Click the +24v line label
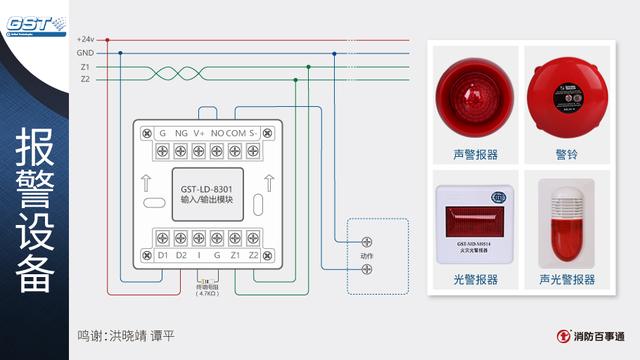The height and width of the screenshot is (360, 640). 85,39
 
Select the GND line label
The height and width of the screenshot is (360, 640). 85,52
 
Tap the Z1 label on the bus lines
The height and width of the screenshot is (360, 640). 85,66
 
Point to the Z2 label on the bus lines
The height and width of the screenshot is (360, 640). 85,79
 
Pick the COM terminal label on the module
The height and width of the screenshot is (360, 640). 236,133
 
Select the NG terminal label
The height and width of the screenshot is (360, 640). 181,133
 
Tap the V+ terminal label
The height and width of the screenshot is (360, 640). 199,133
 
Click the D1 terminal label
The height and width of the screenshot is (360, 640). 163,256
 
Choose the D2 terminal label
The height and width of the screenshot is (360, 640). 181,256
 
